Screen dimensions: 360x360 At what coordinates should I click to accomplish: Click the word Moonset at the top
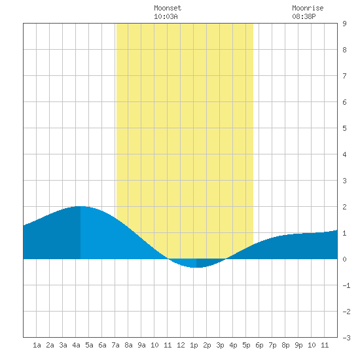click(168, 8)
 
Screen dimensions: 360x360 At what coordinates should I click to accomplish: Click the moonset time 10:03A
click(166, 16)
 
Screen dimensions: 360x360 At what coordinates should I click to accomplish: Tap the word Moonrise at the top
click(308, 8)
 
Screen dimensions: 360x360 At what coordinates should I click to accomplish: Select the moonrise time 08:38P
click(304, 16)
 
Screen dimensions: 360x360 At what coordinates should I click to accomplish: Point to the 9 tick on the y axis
click(344, 24)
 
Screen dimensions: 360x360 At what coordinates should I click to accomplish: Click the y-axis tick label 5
click(344, 128)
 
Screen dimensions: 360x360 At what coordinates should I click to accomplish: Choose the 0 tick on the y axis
click(344, 259)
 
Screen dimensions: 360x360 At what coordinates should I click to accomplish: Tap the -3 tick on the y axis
click(346, 338)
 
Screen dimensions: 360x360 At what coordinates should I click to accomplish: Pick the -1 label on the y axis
click(346, 285)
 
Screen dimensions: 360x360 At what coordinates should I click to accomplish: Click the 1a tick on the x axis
click(37, 345)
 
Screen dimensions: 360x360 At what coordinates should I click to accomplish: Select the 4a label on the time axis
click(76, 345)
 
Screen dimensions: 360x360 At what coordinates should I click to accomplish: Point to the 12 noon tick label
click(181, 345)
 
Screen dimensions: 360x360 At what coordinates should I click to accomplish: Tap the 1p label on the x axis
click(194, 346)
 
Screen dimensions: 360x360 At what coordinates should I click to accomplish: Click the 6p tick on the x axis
click(259, 346)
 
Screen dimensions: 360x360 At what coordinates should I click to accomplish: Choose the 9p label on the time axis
click(298, 346)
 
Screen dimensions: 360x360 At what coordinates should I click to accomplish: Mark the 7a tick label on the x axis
click(115, 345)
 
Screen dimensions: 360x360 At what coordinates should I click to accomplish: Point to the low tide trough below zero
click(195, 267)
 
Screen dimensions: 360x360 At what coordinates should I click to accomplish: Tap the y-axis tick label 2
click(344, 207)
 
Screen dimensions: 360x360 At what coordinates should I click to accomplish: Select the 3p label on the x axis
click(220, 346)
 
